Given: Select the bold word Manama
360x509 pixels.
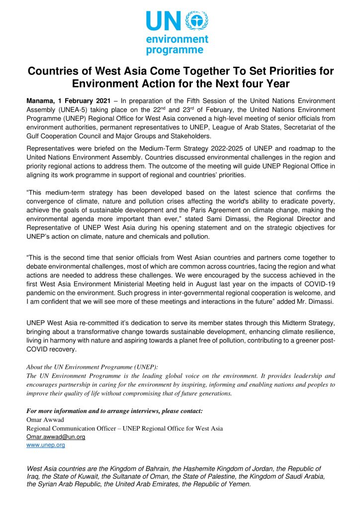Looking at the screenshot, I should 42,101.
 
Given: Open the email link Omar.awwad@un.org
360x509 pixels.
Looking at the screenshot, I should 56,436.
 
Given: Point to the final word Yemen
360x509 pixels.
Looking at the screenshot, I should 240,484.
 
